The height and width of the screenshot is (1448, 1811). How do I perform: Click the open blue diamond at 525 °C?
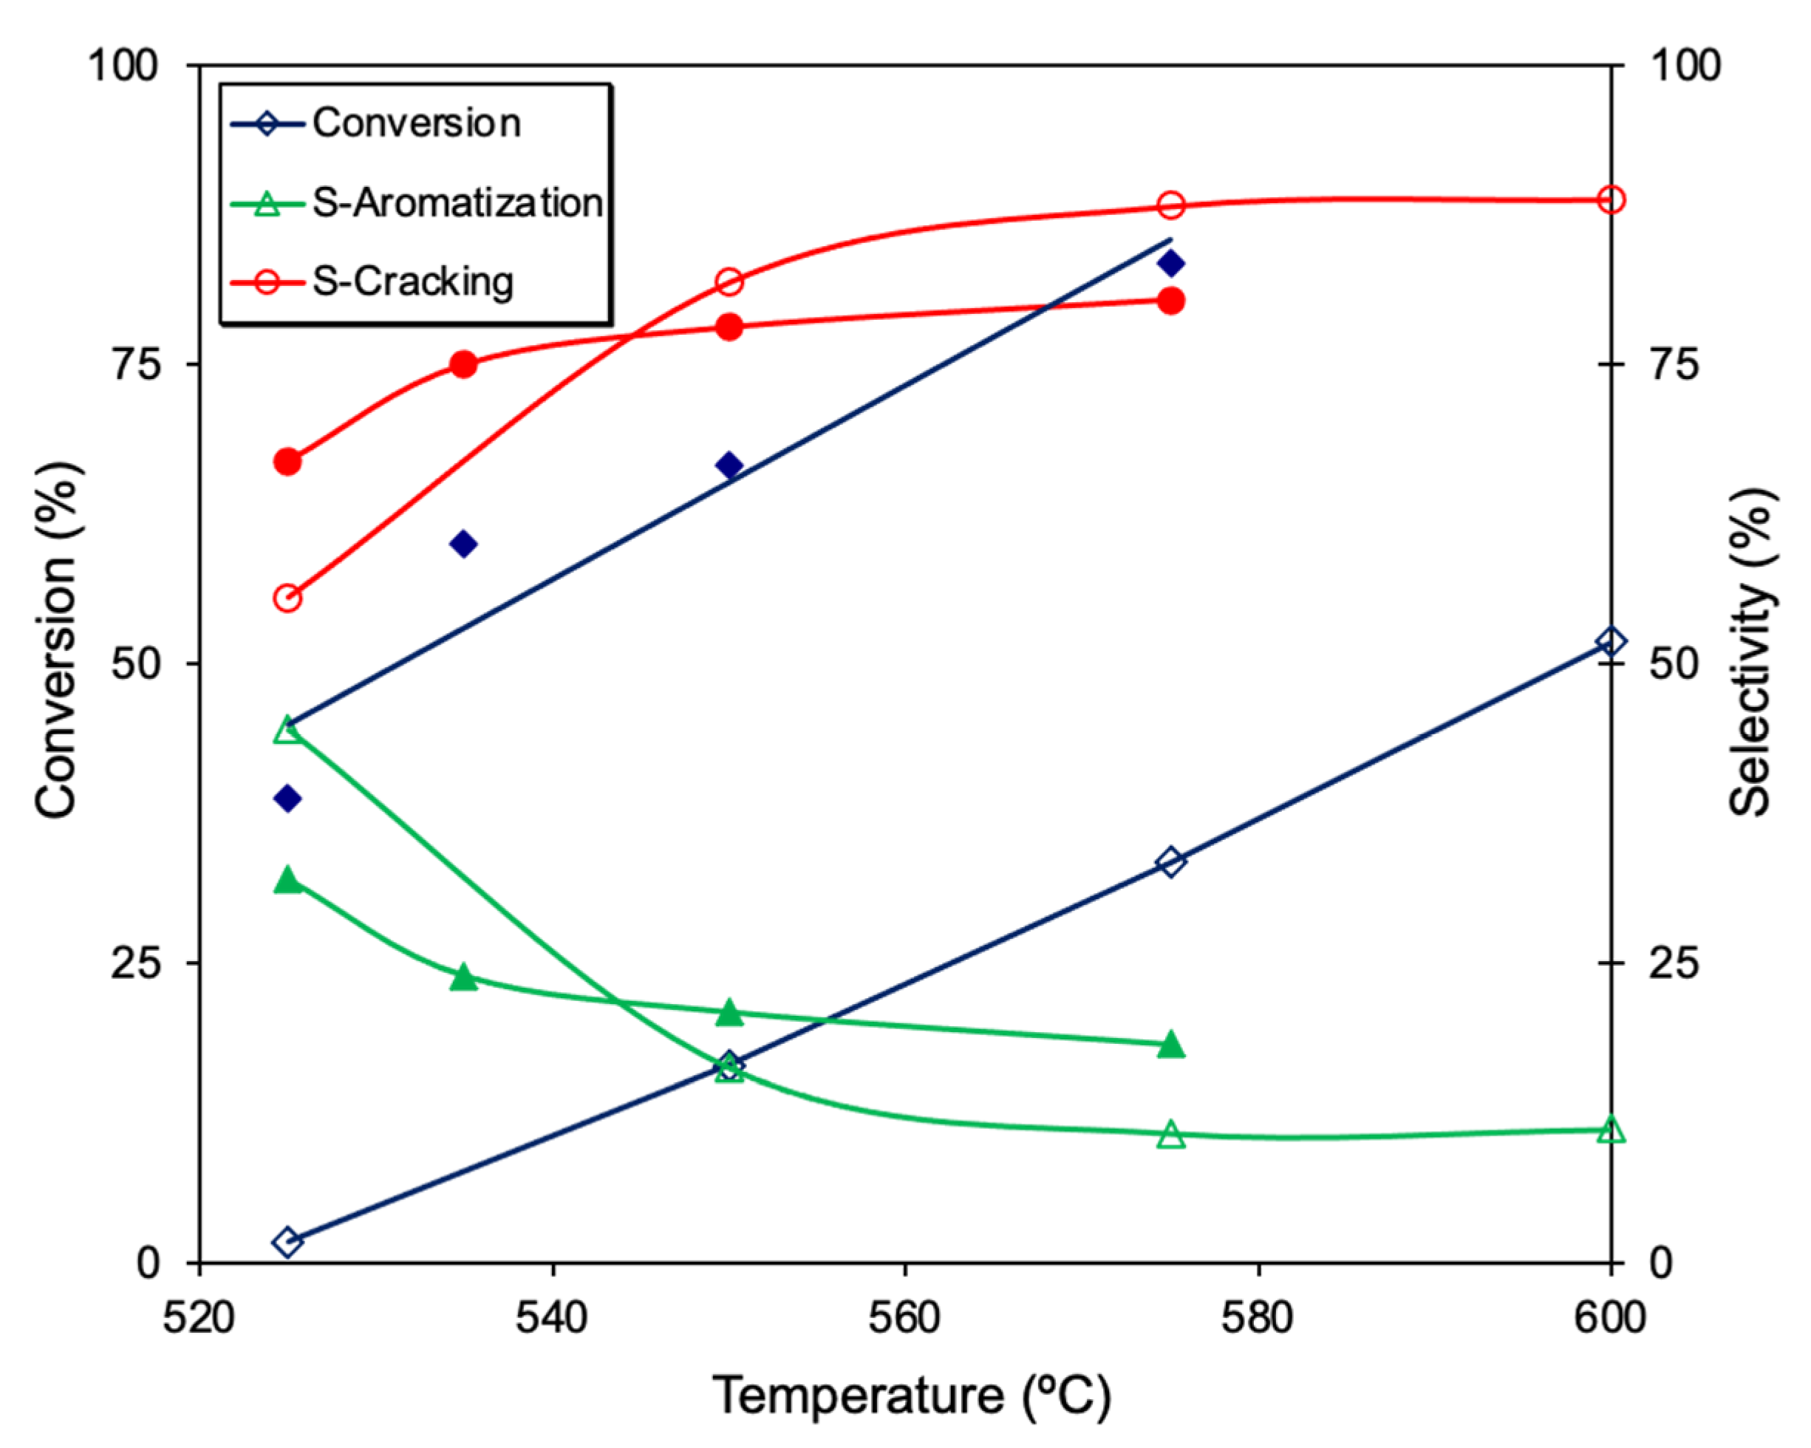point(288,1241)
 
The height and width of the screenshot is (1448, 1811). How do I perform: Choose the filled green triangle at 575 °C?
point(1171,1045)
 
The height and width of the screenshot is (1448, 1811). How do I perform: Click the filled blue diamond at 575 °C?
point(1171,264)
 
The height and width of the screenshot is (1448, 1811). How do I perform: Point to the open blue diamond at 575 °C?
point(1171,861)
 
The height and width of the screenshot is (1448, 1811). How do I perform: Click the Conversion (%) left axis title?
point(57,638)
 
